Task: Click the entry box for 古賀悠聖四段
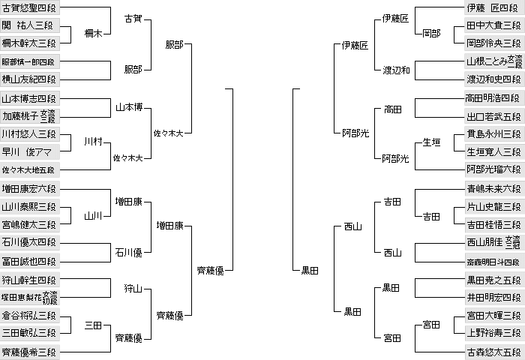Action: click(30, 7)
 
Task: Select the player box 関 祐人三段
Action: click(30, 25)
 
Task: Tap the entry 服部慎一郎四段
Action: click(30, 61)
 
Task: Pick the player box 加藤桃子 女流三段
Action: click(30, 115)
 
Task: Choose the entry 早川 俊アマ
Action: click(30, 152)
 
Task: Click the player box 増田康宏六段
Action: click(30, 188)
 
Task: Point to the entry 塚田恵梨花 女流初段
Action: click(30, 297)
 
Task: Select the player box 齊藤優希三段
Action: click(30, 352)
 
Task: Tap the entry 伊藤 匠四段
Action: click(495, 7)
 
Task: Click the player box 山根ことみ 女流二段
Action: click(495, 61)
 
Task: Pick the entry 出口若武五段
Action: click(495, 116)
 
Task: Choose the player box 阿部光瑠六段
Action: click(495, 169)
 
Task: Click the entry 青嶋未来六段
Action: click(495, 188)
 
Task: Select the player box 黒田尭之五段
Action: click(495, 279)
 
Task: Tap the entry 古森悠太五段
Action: click(495, 352)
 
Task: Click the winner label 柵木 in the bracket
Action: click(93, 33)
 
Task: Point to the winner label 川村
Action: click(93, 142)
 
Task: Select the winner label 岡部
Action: click(431, 33)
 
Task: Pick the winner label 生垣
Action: click(431, 142)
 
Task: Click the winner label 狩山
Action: click(133, 288)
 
